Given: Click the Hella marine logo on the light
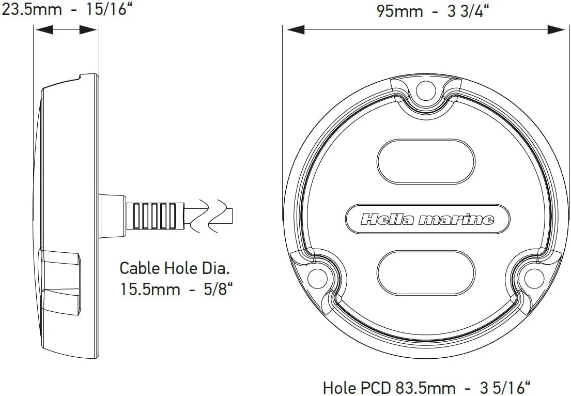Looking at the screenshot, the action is [x=427, y=219].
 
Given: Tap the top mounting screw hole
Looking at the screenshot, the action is [x=426, y=88].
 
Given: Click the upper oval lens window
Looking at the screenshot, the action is [x=426, y=161].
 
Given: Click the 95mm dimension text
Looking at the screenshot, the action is [x=399, y=12].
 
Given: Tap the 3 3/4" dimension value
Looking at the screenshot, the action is [x=468, y=12].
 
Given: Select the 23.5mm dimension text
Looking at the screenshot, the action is [x=32, y=9].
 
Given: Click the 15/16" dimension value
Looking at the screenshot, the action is [x=109, y=9].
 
